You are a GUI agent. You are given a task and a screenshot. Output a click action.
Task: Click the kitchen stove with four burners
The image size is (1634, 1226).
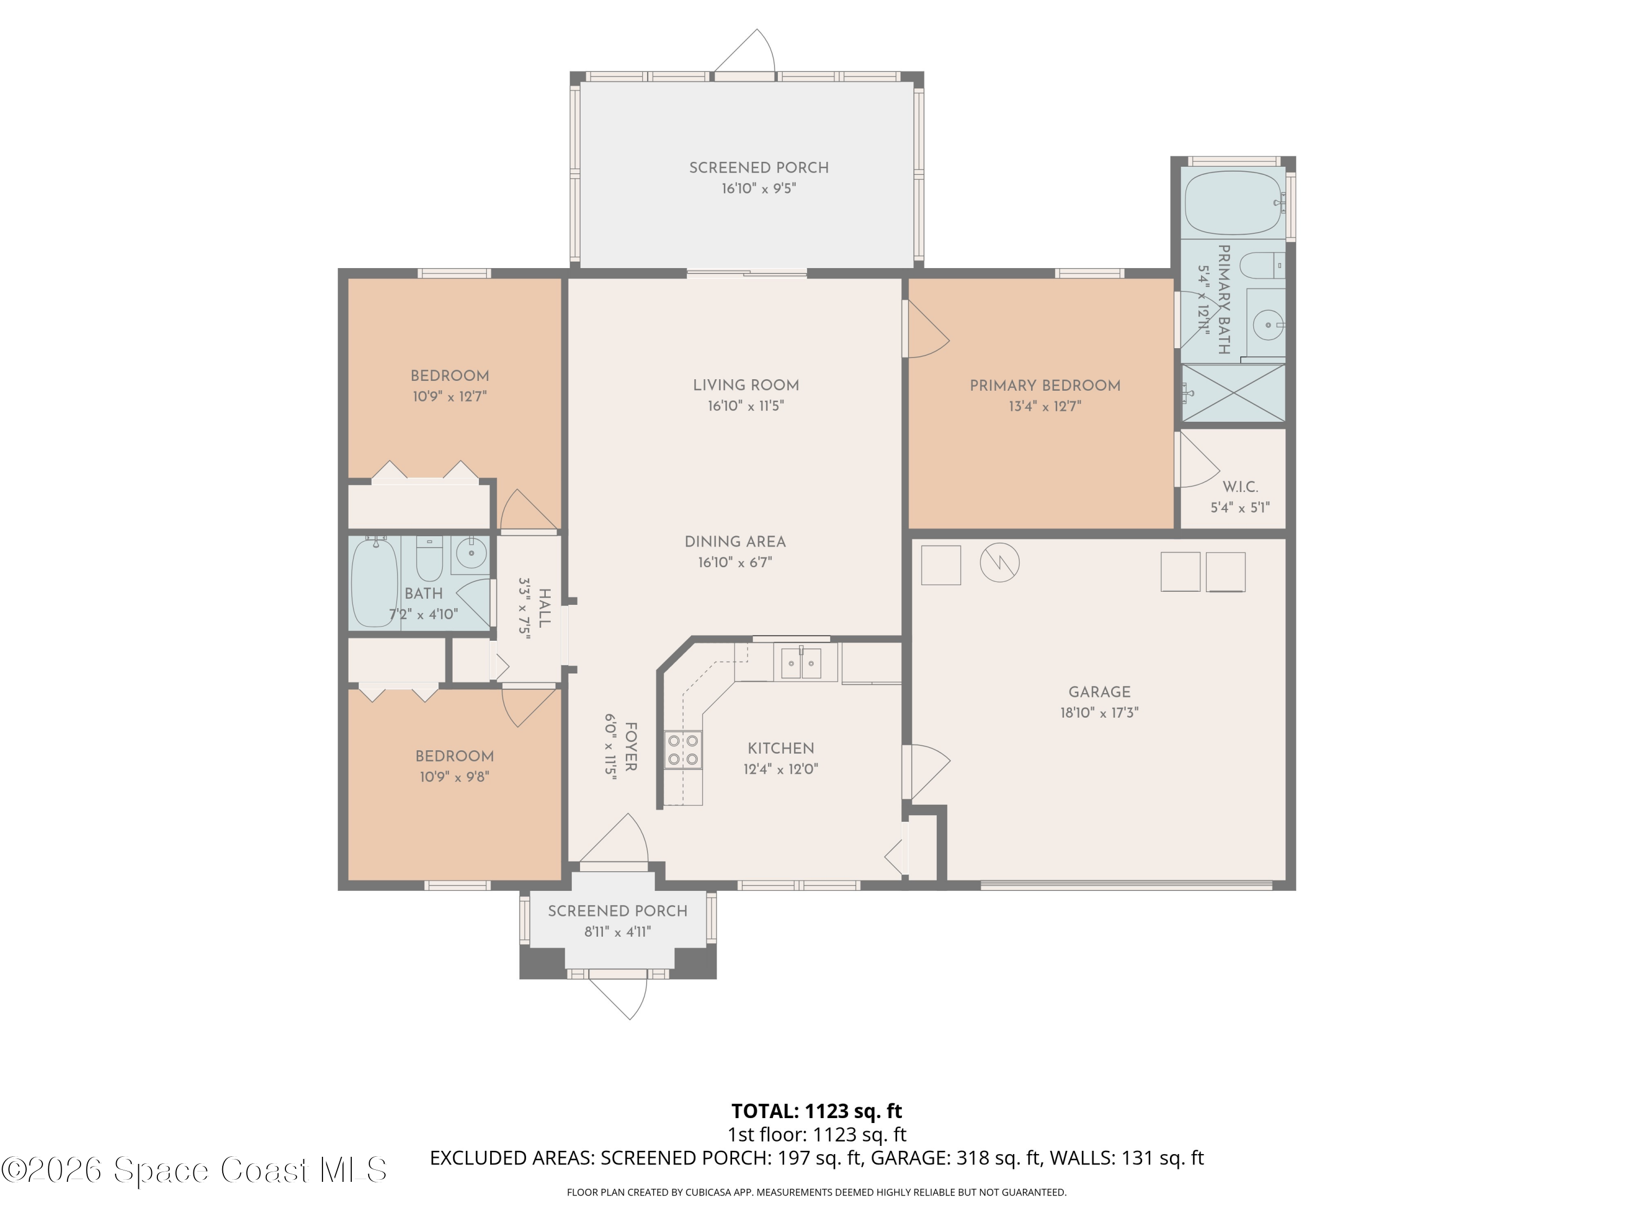click(682, 749)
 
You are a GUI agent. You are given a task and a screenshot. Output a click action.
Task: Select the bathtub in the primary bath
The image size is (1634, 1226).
click(1234, 203)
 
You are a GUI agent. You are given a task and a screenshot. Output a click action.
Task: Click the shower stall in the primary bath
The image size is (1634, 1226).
click(1233, 393)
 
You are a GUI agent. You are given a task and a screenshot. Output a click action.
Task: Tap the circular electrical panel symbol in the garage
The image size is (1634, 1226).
click(999, 563)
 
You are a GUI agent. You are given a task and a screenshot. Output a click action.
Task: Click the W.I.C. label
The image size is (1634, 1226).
click(1240, 487)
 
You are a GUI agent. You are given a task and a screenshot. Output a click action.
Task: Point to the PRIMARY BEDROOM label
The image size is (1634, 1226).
click(1045, 386)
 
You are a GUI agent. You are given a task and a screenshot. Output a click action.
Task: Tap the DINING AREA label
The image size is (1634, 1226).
click(735, 542)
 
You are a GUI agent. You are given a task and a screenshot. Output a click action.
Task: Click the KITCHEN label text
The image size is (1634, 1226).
click(781, 748)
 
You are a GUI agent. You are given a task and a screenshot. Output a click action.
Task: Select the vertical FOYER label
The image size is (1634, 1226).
click(631, 747)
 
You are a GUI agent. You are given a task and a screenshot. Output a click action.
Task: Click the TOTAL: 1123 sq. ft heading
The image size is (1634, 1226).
click(816, 1110)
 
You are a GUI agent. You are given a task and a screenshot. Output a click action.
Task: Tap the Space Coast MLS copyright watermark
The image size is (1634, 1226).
click(193, 1170)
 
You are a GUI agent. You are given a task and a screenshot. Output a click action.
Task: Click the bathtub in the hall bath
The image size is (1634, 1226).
click(375, 583)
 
